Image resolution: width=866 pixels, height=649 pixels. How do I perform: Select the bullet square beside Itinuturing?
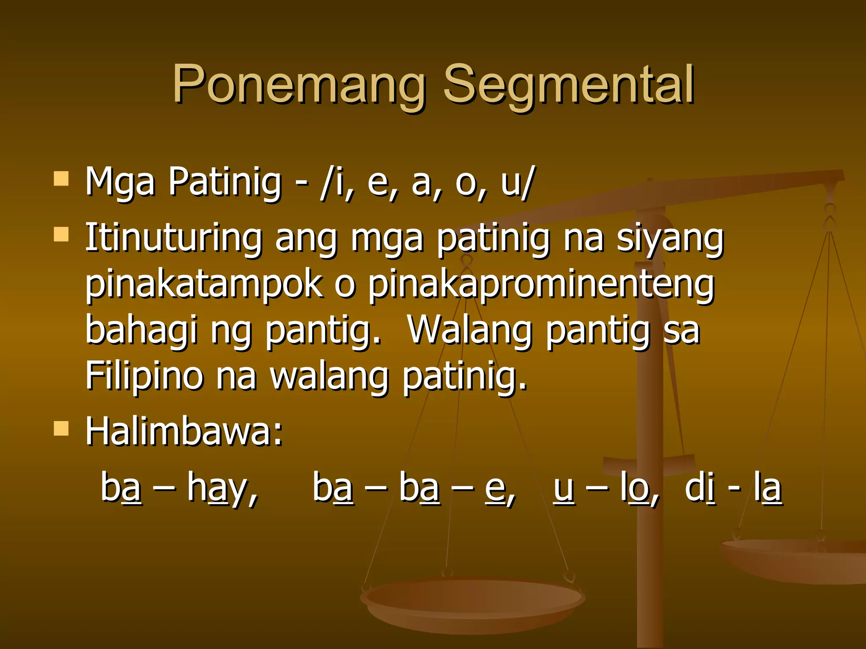pyautogui.click(x=61, y=234)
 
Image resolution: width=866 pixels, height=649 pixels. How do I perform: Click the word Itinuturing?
pyautogui.click(x=173, y=239)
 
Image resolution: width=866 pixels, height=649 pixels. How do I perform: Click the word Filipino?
pyautogui.click(x=144, y=376)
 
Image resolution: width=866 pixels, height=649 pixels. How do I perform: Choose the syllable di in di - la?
pyautogui.click(x=700, y=488)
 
